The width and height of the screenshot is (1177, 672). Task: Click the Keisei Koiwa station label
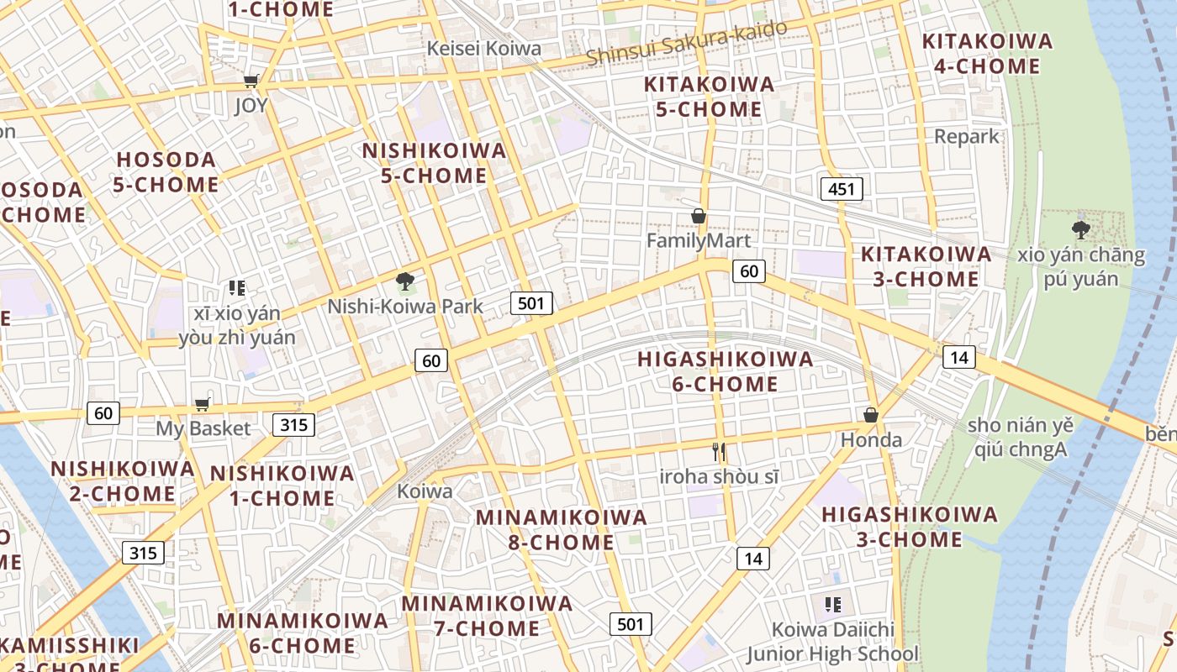(483, 48)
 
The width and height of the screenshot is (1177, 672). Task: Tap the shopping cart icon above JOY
(251, 81)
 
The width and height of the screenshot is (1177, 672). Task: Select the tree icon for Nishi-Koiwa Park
(405, 281)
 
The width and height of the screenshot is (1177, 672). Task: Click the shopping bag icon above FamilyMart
(698, 217)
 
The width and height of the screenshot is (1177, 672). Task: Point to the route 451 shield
(841, 189)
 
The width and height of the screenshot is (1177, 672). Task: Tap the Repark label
(967, 136)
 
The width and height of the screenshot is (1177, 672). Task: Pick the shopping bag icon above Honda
(871, 415)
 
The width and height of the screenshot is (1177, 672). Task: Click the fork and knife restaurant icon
(718, 452)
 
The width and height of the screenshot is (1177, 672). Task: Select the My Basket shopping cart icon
(202, 405)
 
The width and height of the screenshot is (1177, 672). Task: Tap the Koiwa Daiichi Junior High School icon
(833, 604)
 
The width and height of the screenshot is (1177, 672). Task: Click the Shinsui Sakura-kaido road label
(687, 42)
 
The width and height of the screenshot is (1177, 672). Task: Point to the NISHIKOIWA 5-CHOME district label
(435, 163)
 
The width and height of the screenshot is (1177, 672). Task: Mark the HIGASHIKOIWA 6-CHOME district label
(725, 371)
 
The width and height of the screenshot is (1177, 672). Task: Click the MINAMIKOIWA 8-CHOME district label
(562, 529)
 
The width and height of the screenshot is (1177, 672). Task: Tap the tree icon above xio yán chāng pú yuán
(1081, 228)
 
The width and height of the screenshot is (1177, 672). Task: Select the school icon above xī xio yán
(236, 288)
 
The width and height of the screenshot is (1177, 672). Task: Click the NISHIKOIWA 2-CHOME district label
(123, 480)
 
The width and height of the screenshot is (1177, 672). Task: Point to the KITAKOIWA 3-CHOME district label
(926, 266)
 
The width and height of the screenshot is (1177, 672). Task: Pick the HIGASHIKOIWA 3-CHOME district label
(909, 526)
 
